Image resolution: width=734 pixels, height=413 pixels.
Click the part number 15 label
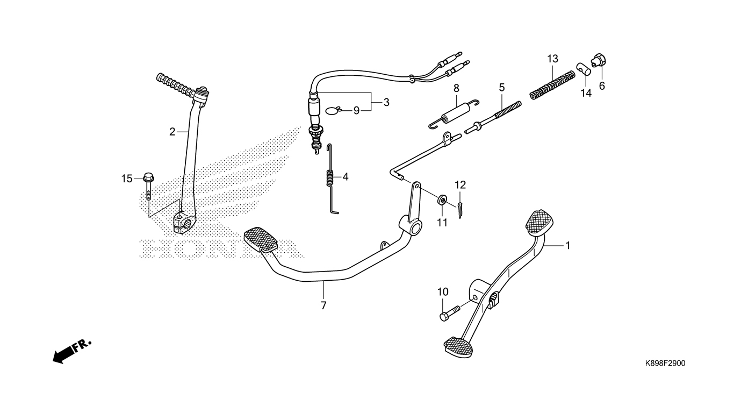[x=126, y=179]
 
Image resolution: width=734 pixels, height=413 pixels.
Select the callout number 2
[x=172, y=132]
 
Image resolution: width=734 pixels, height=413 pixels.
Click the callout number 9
[x=356, y=111]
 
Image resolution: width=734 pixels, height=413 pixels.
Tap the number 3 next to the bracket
[x=386, y=102]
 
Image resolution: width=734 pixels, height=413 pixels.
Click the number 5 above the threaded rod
[x=502, y=87]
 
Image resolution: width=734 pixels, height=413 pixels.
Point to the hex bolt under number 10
[x=449, y=312]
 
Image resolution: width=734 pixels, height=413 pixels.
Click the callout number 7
[x=323, y=306]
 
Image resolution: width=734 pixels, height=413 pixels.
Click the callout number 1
[x=567, y=245]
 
